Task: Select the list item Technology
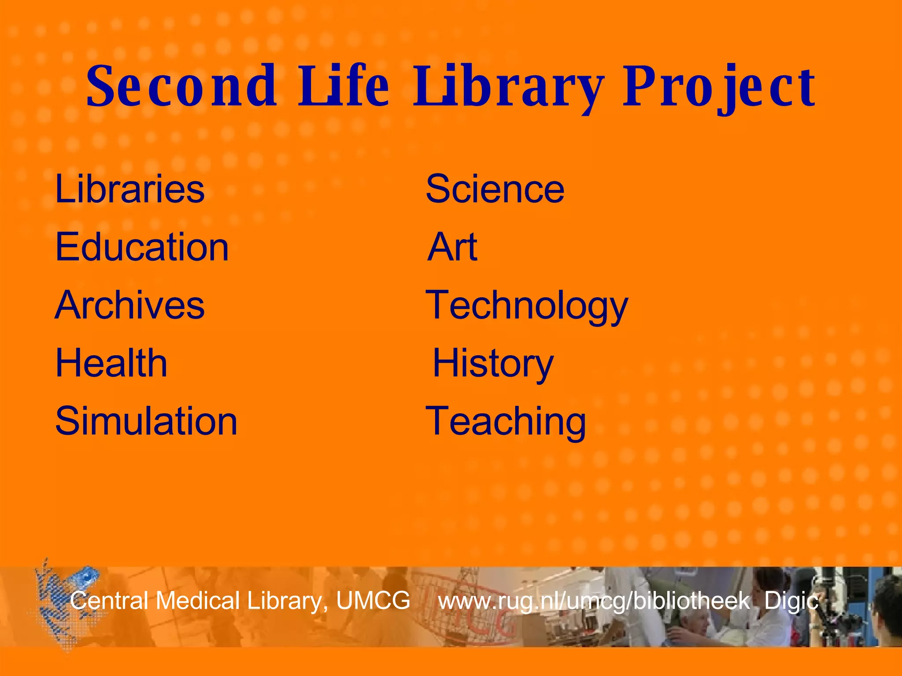527,306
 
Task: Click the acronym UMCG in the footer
373,600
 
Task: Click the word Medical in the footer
197,600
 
